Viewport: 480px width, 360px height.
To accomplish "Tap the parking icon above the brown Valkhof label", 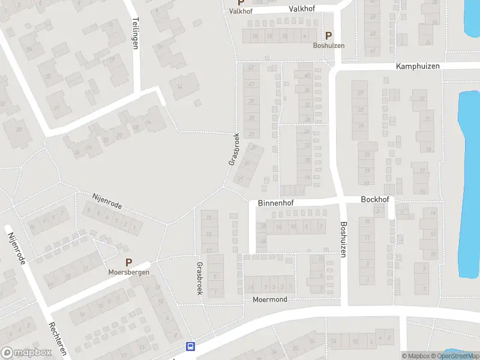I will tap(241, 3).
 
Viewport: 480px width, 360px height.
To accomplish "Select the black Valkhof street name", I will tap(302, 9).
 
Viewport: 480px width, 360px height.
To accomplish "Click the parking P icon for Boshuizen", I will tap(328, 36).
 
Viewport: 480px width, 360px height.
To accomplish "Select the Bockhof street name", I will tap(375, 199).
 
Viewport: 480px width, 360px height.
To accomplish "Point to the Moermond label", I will tap(270, 299).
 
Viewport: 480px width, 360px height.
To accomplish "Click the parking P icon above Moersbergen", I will tap(128, 262).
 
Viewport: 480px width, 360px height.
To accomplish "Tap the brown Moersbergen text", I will tap(128, 272).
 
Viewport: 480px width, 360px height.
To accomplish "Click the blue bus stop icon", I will tap(191, 346).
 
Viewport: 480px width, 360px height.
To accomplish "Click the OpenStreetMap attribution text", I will tap(458, 356).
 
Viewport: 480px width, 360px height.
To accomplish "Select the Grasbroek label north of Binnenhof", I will tap(233, 149).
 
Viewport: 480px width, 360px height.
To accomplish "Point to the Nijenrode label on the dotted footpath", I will tap(107, 201).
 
